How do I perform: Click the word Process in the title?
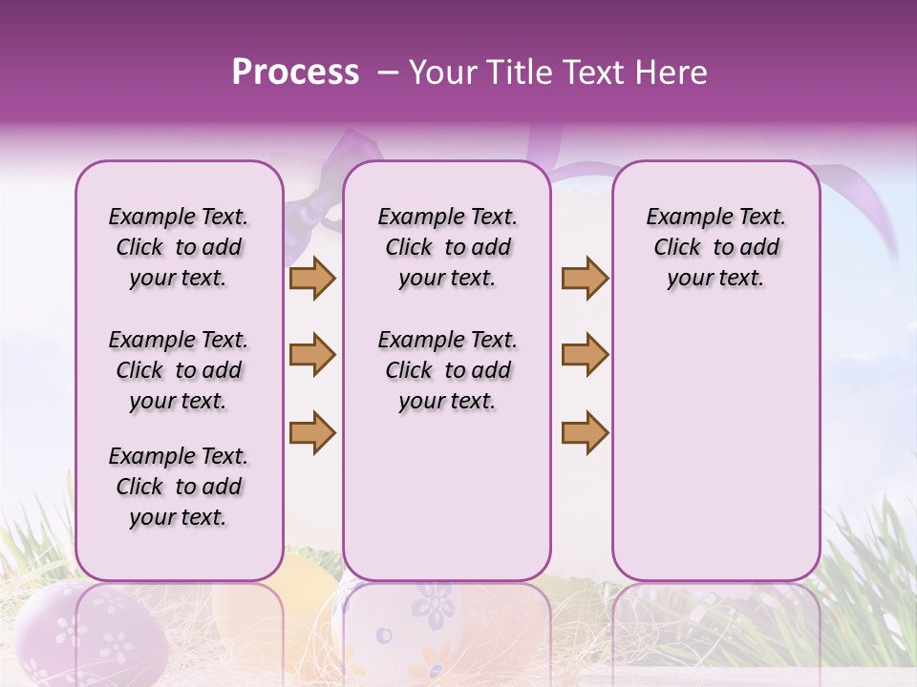coord(295,73)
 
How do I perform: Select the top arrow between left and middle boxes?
coord(312,278)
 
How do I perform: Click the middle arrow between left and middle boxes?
coord(312,355)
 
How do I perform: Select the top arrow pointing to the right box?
coord(585,278)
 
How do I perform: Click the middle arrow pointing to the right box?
coord(585,355)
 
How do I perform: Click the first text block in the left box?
coord(179,247)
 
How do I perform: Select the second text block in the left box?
coord(179,370)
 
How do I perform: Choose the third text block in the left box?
coord(179,487)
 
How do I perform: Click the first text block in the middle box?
coord(447,247)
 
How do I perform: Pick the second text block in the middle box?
coord(447,370)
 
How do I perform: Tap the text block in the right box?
coord(715,247)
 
